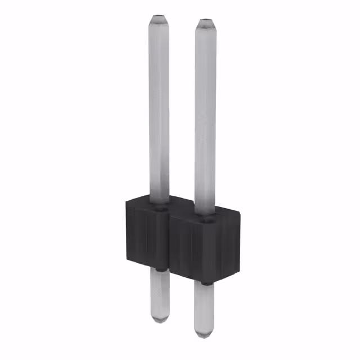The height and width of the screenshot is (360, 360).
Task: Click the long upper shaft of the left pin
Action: [159, 112]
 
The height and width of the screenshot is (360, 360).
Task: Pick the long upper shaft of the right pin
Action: [205, 118]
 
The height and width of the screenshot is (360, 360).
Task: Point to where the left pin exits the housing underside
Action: [160, 271]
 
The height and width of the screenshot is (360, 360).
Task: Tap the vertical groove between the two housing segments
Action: [169, 242]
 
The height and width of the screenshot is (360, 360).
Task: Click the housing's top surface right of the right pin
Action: [225, 212]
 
